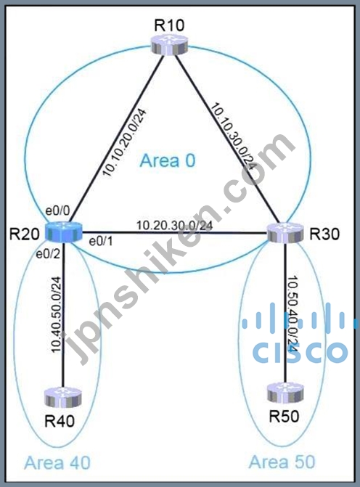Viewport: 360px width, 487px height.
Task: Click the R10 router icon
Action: click(170, 44)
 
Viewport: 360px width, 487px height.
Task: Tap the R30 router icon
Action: click(285, 233)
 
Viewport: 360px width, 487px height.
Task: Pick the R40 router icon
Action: click(63, 397)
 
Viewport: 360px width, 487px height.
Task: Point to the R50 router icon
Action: click(286, 393)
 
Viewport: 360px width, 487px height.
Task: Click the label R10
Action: click(169, 25)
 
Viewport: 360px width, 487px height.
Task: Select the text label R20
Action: click(25, 234)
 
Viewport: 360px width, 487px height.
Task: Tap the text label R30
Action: click(324, 234)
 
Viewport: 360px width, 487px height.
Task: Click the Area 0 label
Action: click(168, 160)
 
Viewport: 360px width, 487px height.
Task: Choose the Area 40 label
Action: click(57, 462)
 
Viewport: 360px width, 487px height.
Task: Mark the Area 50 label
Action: click(282, 462)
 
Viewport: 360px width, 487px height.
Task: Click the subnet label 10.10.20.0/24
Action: click(124, 142)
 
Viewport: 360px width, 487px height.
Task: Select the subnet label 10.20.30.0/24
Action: click(175, 225)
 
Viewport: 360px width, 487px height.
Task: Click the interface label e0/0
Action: click(57, 211)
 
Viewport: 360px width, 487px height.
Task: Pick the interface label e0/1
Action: click(101, 242)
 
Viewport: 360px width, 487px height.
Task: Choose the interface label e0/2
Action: click(48, 255)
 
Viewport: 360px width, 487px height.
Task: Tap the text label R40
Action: click(60, 421)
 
